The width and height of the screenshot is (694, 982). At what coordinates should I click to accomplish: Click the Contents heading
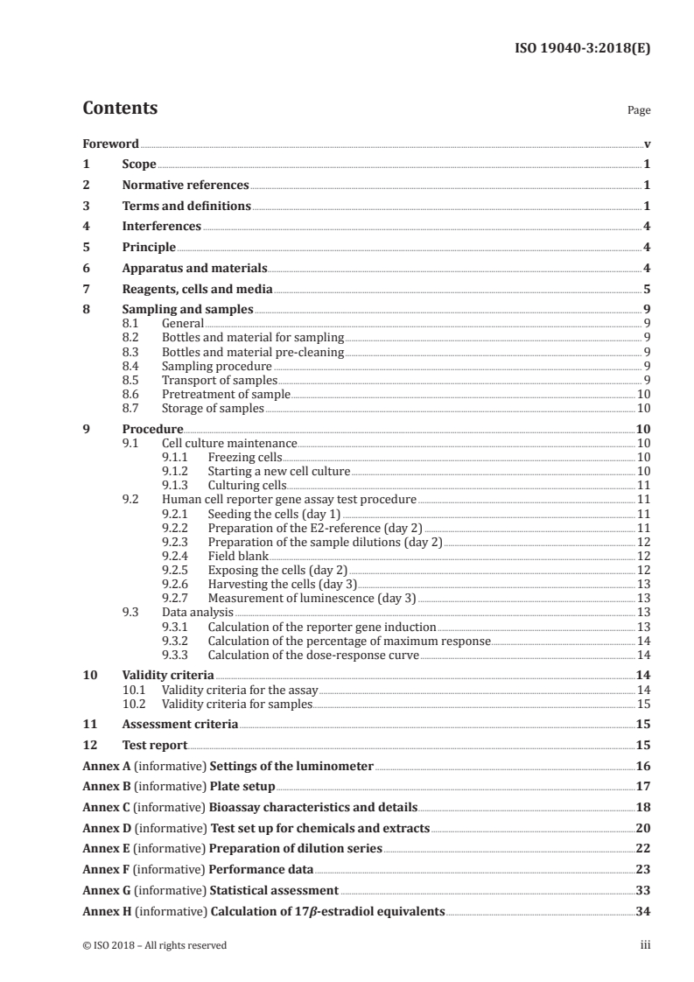click(120, 109)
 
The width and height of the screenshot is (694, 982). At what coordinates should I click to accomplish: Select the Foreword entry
click(110, 144)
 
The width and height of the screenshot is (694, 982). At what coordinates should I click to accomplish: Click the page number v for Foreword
click(646, 144)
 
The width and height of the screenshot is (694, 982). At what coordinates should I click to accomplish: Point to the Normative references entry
click(186, 186)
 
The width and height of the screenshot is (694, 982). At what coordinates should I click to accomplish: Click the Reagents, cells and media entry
click(197, 289)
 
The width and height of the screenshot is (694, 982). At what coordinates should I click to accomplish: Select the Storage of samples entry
click(213, 408)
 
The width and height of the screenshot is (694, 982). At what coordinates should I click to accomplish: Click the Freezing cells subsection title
click(244, 457)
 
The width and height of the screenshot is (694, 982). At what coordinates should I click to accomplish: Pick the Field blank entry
click(238, 556)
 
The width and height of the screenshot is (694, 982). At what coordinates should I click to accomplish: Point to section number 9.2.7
click(179, 598)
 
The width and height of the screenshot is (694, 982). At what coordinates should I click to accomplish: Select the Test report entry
click(154, 746)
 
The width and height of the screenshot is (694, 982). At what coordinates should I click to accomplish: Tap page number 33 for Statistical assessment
click(642, 890)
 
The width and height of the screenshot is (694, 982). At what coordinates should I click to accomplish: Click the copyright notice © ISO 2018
click(154, 945)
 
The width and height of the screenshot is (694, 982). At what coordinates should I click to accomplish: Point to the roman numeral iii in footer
click(645, 945)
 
